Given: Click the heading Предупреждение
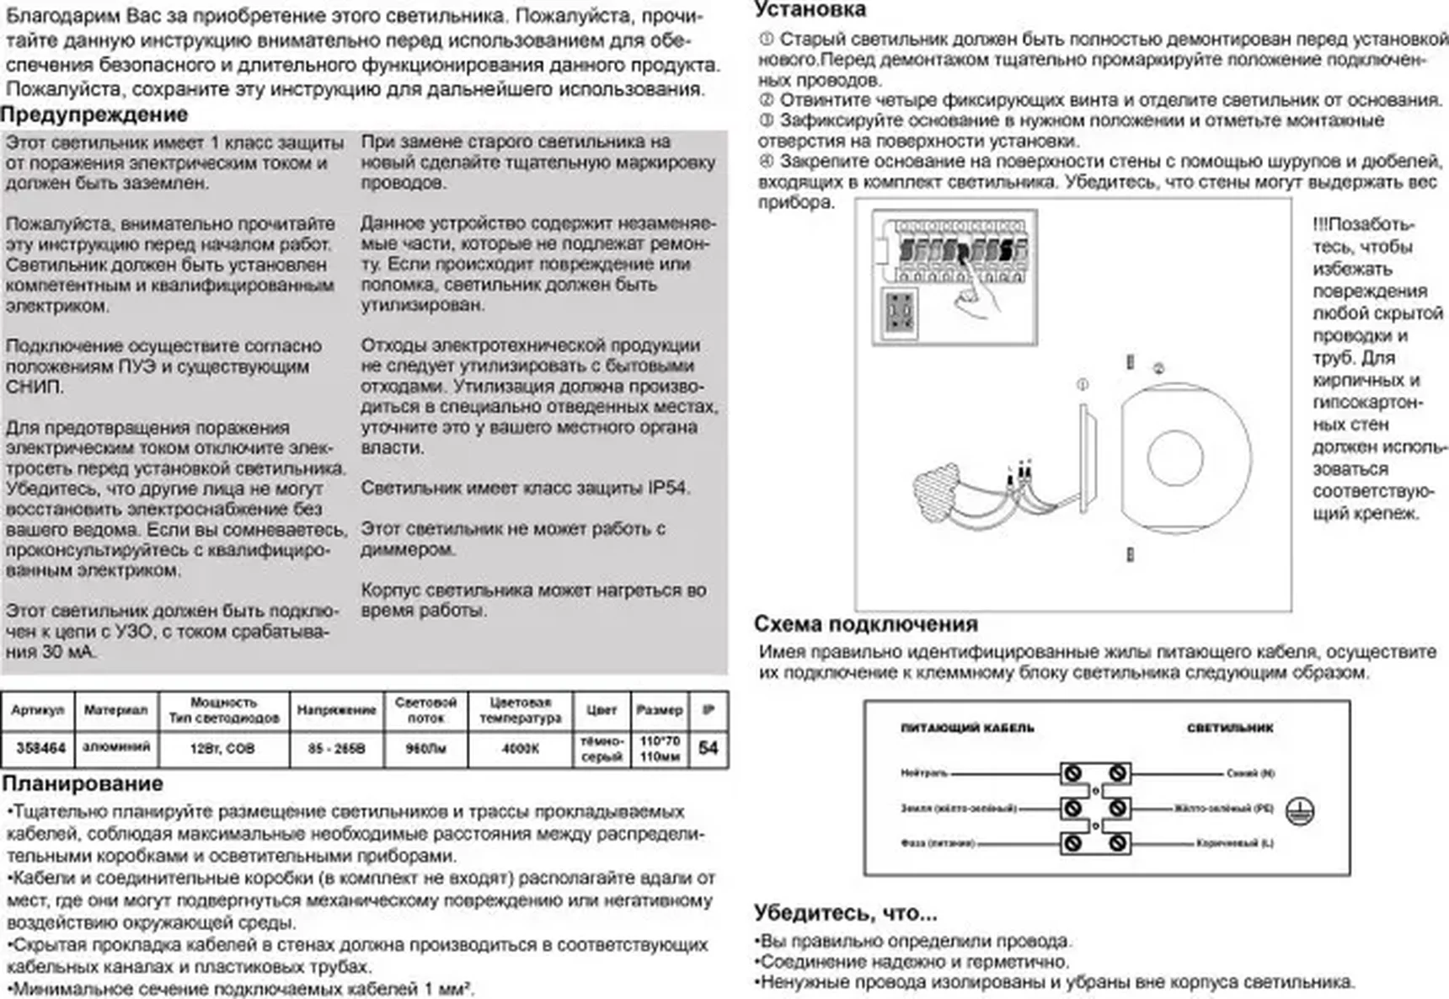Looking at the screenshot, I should [94, 115].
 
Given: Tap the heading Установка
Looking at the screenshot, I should [810, 10].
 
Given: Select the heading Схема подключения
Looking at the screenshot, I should [865, 624].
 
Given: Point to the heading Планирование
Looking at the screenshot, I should [83, 783].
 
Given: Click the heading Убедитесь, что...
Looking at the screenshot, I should [845, 913].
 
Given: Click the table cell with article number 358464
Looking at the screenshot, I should [40, 748].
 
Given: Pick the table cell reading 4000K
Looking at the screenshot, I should [520, 748].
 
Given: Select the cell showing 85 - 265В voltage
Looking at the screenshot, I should [336, 748].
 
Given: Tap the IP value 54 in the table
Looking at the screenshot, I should [708, 748].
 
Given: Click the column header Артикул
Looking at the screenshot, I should [38, 710].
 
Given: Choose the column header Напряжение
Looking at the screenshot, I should [336, 710].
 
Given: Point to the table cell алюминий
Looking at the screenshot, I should [116, 747].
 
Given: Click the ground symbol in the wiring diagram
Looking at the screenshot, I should [1300, 811].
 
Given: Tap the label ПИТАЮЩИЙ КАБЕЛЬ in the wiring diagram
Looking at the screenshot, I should [967, 728].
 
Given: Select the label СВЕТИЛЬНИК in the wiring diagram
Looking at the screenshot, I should [1230, 728].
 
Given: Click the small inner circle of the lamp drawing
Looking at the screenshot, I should [1174, 458].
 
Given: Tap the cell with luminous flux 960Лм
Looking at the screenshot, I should [425, 748].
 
